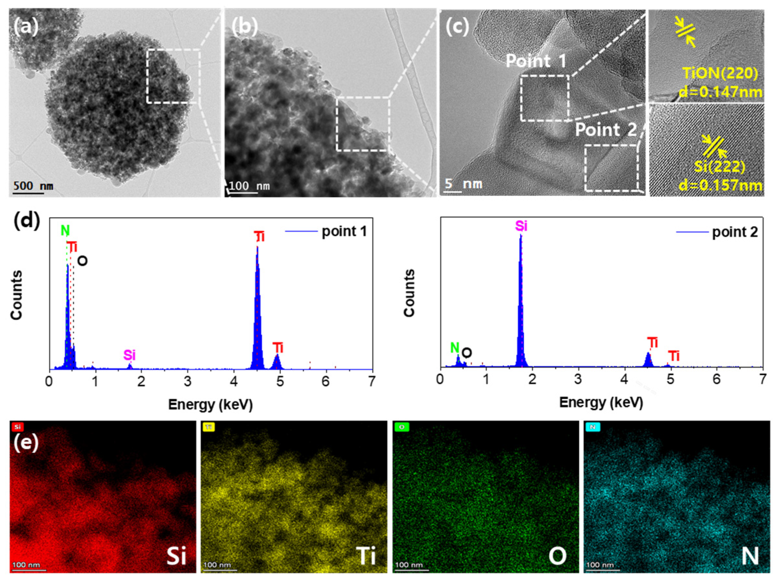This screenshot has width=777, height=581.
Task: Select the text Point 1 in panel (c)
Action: click(x=536, y=61)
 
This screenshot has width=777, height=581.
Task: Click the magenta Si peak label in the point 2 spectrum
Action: click(x=521, y=226)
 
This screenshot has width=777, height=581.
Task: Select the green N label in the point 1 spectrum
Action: click(x=65, y=231)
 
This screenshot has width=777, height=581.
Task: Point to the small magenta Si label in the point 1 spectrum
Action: click(x=129, y=355)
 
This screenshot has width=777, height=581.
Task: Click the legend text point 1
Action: click(x=344, y=231)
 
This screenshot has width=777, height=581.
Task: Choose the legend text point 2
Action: click(x=735, y=232)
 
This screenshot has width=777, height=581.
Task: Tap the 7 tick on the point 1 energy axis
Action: click(x=372, y=382)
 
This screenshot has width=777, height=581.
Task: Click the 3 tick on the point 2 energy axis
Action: click(x=578, y=379)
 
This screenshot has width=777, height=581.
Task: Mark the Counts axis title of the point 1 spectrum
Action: click(x=17, y=295)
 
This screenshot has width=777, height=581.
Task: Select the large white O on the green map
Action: click(x=557, y=556)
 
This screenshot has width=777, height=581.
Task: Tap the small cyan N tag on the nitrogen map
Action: click(x=592, y=427)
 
